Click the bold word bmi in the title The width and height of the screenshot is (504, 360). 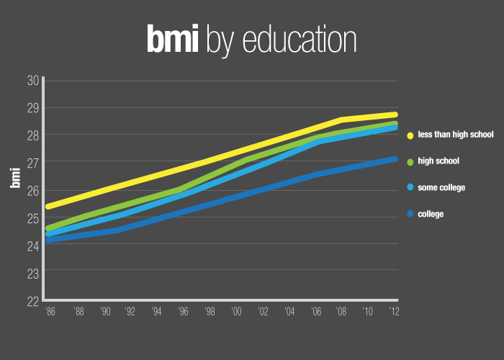coord(173,40)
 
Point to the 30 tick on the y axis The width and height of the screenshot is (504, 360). coord(32,80)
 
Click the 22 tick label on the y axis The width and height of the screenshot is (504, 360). coord(32,301)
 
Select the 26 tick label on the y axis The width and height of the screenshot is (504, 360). coord(32,191)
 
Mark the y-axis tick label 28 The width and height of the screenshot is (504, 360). coord(32,135)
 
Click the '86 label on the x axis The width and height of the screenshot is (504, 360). coord(50,312)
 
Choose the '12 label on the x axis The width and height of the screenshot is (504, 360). coord(394,312)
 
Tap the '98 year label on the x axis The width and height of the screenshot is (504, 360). coord(209,312)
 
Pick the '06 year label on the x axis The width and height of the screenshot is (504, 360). coord(315,312)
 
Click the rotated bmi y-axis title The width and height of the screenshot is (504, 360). coord(15,176)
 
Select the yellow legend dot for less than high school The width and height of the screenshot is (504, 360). coord(410,135)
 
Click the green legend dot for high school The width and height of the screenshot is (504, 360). coord(410,161)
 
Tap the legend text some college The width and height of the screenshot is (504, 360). coord(441,188)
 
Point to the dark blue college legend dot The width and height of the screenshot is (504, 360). coord(410,214)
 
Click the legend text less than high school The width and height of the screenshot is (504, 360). coord(455,135)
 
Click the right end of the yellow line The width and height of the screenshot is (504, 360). coord(395,114)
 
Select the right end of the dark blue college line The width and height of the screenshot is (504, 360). coord(395,158)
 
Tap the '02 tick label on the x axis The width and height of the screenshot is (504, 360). coord(262,312)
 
